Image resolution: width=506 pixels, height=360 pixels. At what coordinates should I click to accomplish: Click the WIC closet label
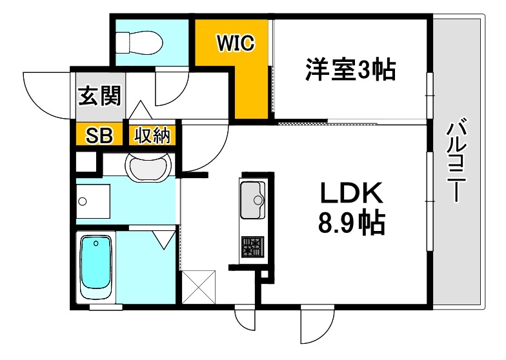[x=236, y=43]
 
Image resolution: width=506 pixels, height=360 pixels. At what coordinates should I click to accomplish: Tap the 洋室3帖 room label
[x=350, y=69]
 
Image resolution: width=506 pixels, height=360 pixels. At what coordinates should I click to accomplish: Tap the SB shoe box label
[x=100, y=136]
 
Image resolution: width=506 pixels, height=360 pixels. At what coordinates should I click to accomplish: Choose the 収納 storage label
[x=152, y=136]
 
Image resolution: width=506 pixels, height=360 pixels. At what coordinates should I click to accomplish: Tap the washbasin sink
[x=150, y=169]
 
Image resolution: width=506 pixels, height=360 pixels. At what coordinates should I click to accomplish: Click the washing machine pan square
[x=93, y=202]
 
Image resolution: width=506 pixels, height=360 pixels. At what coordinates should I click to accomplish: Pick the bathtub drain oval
[x=96, y=243]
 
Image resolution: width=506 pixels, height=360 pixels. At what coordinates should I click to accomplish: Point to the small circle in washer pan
[x=82, y=201]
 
